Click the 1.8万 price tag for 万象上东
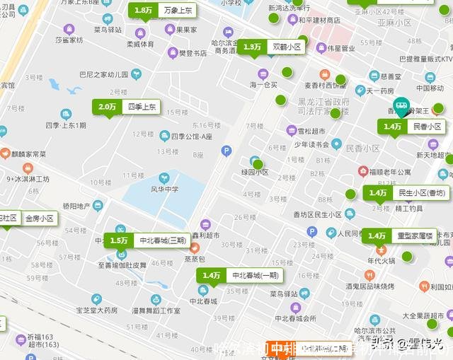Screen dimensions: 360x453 pyautogui.click(x=144, y=11)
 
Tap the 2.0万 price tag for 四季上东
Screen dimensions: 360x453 pyautogui.click(x=108, y=107)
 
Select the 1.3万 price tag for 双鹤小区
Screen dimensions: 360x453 pyautogui.click(x=252, y=47)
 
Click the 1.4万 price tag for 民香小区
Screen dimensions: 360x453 pyautogui.click(x=393, y=127)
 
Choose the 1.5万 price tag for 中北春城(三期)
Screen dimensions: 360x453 pyautogui.click(x=119, y=240)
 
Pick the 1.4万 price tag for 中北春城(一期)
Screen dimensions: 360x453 pyautogui.click(x=212, y=275)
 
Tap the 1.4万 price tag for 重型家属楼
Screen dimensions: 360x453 pyautogui.click(x=377, y=236)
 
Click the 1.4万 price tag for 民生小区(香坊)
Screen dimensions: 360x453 pyautogui.click(x=378, y=192)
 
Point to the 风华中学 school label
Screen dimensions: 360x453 pyautogui.click(x=164, y=189)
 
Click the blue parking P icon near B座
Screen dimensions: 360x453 pyautogui.click(x=226, y=150)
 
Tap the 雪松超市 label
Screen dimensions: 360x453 pyautogui.click(x=311, y=131)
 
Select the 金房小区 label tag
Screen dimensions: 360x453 pyautogui.click(x=40, y=219)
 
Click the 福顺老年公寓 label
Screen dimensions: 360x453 pyautogui.click(x=389, y=172)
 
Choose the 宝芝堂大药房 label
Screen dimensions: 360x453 pyautogui.click(x=96, y=310)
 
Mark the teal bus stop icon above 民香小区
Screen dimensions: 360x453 pyautogui.click(x=401, y=107)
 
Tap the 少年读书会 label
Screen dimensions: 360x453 pyautogui.click(x=312, y=144)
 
